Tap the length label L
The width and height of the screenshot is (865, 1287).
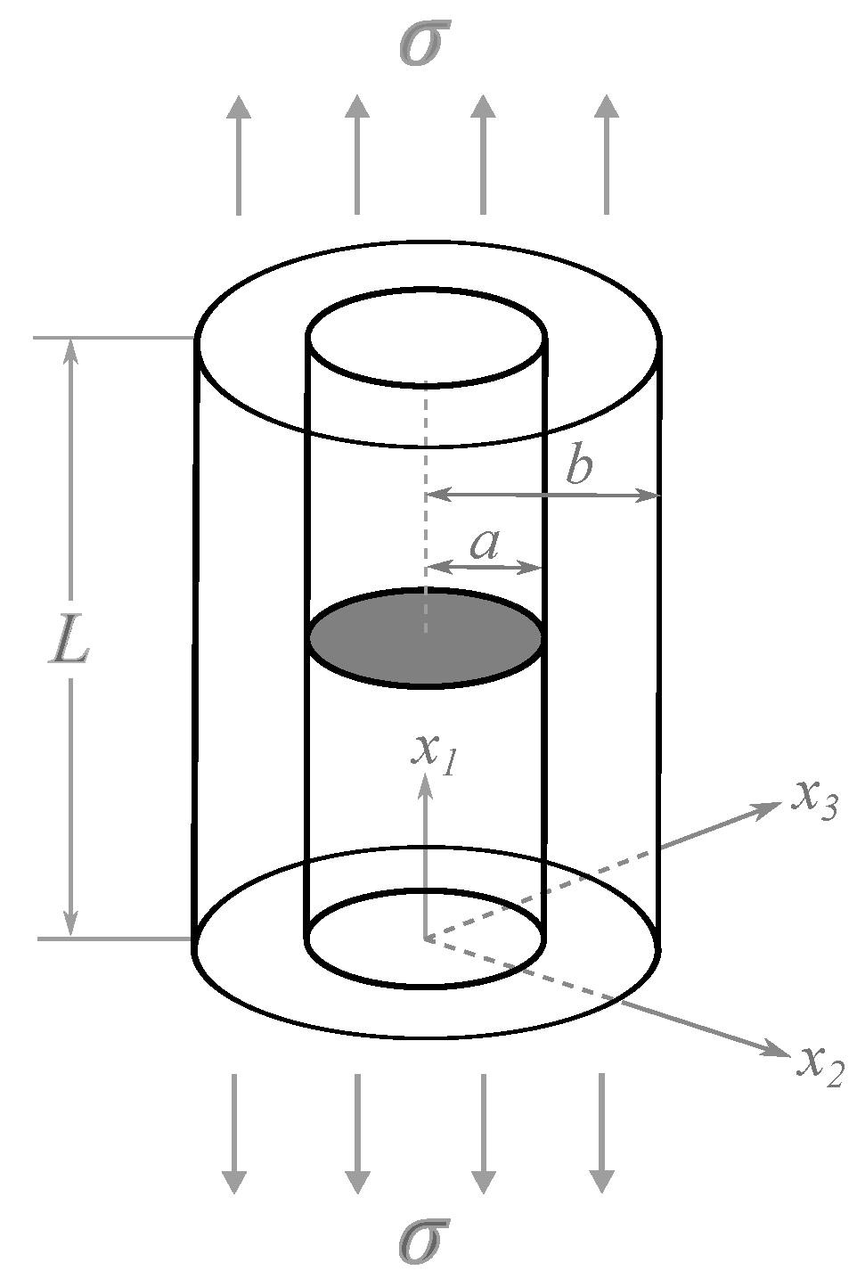tap(69, 637)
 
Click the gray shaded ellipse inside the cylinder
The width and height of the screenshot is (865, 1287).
tap(426, 637)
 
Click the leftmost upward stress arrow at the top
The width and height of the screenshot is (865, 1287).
tap(239, 154)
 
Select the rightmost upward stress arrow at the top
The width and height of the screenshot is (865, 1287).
tap(606, 154)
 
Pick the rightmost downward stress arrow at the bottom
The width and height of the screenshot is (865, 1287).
tap(601, 1133)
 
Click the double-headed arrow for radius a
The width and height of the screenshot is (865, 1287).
tap(486, 567)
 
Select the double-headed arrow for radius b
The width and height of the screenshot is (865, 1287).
tap(543, 494)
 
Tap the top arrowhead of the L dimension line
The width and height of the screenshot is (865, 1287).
tap(70, 353)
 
